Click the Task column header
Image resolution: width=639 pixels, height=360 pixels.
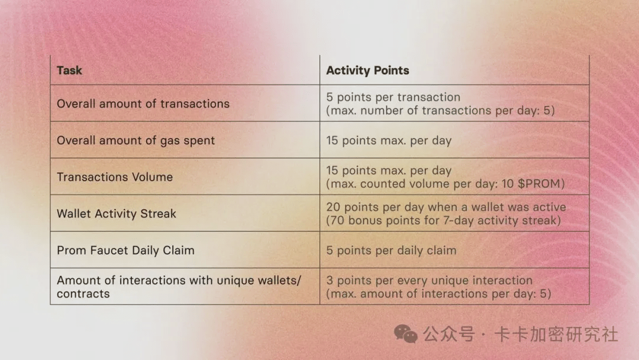pyautogui.click(x=69, y=70)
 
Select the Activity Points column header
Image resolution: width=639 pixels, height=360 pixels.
pyautogui.click(x=367, y=70)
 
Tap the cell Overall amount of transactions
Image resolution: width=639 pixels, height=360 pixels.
pyautogui.click(x=143, y=104)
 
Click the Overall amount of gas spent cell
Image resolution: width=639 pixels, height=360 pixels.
pyautogui.click(x=135, y=140)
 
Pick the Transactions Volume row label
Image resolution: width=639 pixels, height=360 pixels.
pyautogui.click(x=115, y=177)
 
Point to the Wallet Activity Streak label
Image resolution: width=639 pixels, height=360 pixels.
pyautogui.click(x=117, y=214)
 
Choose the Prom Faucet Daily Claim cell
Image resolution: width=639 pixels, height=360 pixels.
pyautogui.click(x=125, y=250)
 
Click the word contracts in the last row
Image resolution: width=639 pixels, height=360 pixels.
pyautogui.click(x=83, y=294)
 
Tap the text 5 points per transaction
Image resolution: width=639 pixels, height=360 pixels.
pyautogui.click(x=393, y=97)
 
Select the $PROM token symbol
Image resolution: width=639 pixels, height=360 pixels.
pyautogui.click(x=541, y=184)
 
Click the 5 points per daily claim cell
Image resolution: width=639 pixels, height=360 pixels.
pyautogui.click(x=391, y=250)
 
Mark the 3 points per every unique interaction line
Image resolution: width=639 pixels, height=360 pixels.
pyautogui.click(x=429, y=281)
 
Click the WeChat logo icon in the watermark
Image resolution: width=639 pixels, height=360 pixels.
pyautogui.click(x=406, y=334)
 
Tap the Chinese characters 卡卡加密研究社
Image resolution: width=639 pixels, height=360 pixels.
pyautogui.click(x=556, y=335)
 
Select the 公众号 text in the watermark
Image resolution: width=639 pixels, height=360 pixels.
pyautogui.click(x=448, y=335)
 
